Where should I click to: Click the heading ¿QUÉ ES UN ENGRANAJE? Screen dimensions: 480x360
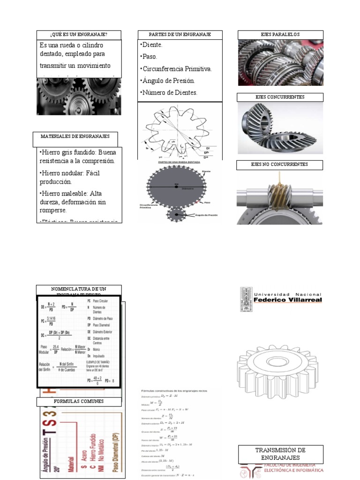click(79, 35)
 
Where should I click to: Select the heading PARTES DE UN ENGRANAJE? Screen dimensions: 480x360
click(180, 35)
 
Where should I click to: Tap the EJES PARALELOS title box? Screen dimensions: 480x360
click(280, 35)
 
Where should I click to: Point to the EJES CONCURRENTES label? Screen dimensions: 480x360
click(280, 97)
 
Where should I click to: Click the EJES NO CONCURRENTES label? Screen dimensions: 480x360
click(279, 165)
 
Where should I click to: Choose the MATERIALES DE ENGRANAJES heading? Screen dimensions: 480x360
click(75, 136)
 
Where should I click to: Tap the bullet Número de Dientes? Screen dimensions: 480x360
click(169, 92)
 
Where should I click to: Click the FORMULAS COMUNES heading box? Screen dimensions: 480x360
click(79, 402)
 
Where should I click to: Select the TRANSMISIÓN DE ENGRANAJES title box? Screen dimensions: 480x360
click(280, 453)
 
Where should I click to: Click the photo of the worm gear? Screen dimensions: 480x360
click(280, 198)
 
